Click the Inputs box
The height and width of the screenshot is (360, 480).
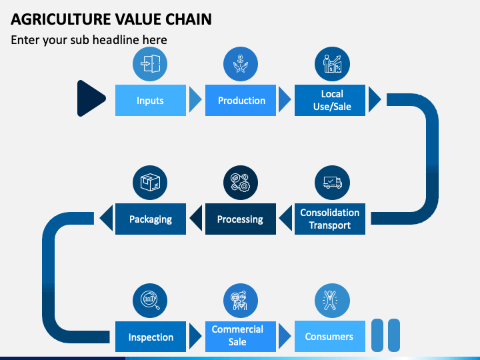150,100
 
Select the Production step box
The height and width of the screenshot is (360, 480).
240,100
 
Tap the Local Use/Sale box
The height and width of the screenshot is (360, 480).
330,100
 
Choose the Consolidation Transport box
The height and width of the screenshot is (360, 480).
330,219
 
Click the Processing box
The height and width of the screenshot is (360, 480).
240,219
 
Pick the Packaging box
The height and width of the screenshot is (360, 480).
150,219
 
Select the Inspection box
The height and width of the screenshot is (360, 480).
150,337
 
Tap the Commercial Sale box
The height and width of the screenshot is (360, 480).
240,337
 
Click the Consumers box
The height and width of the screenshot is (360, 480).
330,337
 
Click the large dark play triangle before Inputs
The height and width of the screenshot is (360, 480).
90,98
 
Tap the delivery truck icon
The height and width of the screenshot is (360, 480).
332,183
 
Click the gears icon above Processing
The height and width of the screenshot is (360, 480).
240,183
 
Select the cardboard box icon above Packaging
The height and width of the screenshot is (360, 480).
150,183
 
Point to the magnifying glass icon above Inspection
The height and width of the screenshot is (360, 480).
150,300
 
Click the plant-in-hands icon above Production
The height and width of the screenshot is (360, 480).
240,64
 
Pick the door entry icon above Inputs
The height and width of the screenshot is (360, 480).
150,64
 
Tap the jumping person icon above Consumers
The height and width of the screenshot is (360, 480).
330,300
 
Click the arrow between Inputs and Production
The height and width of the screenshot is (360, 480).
195,99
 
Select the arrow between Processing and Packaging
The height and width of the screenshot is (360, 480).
196,218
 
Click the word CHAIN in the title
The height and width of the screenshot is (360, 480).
189,19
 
